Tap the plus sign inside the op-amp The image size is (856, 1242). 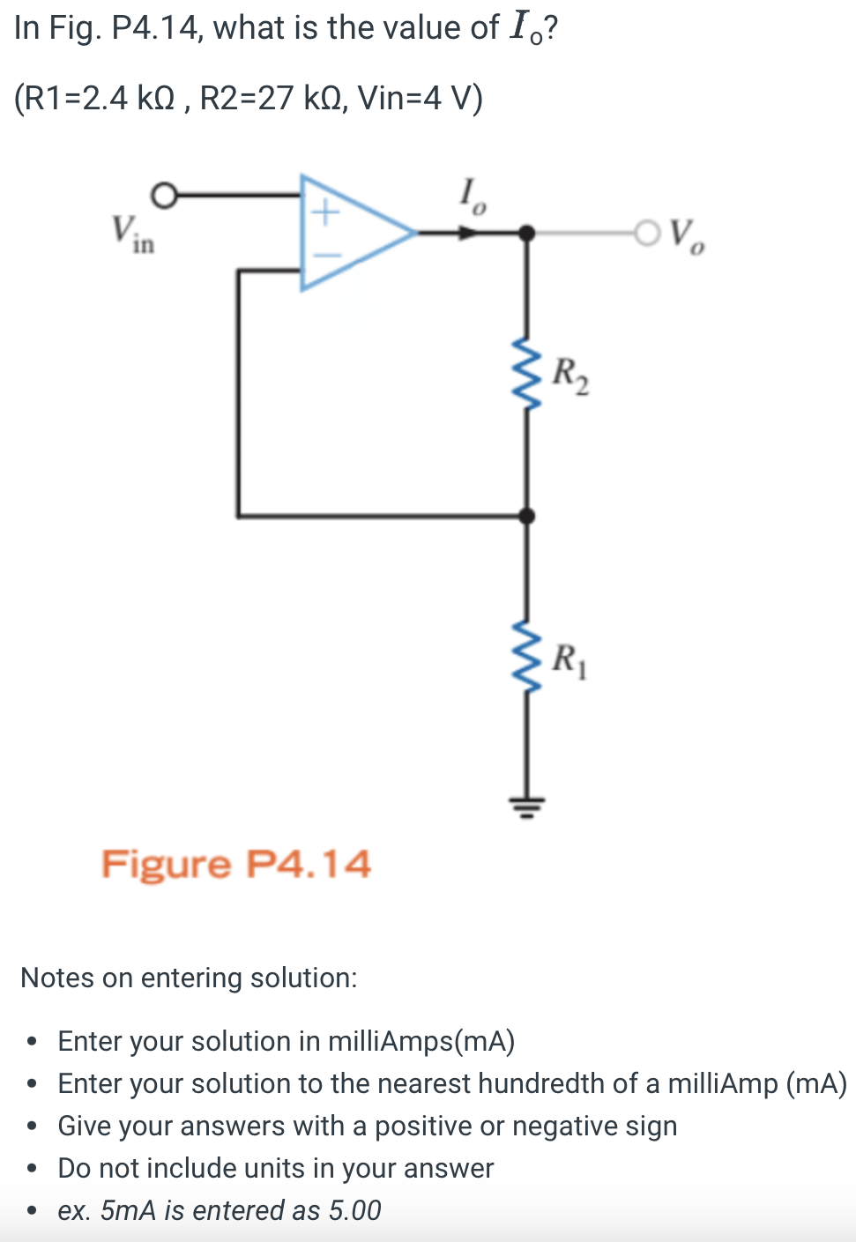tap(325, 212)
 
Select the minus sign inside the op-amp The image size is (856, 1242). tap(325, 256)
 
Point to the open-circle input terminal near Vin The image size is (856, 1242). tap(163, 196)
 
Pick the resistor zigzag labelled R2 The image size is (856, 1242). tap(527, 373)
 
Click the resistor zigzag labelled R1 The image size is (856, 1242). tap(527, 656)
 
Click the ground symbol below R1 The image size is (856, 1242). tap(527, 806)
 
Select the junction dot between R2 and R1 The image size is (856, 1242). tap(527, 516)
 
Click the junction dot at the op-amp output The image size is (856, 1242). tap(526, 233)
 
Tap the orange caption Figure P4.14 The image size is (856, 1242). tap(236, 864)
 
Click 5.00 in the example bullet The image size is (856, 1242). tap(354, 1210)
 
